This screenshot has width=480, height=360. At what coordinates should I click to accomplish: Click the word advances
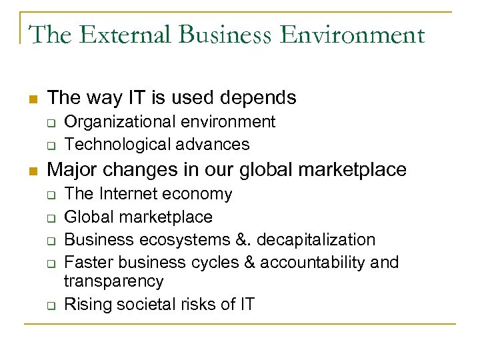point(211,144)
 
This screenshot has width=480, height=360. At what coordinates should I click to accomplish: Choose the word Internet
point(130,194)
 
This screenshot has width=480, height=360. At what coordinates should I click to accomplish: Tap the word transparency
point(113,281)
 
